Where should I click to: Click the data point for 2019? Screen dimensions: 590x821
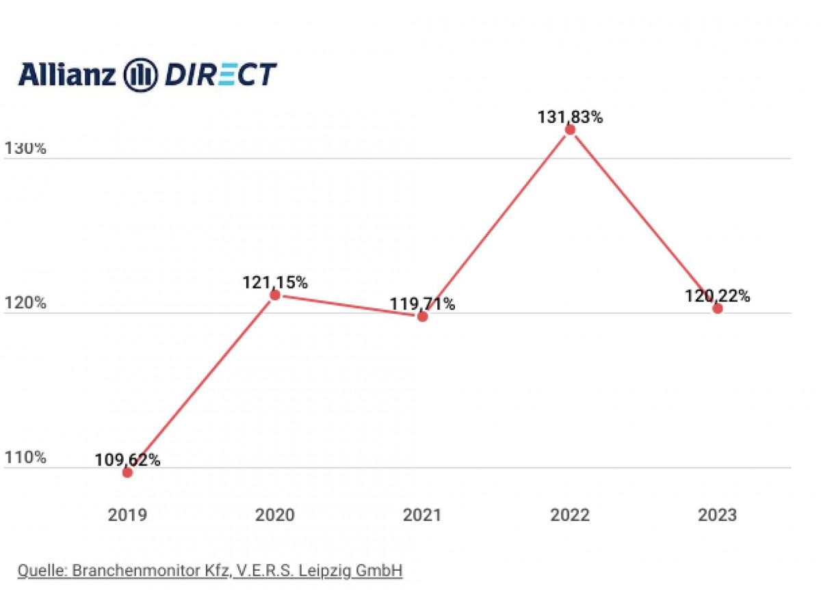127,472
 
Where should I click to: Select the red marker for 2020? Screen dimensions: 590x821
275,295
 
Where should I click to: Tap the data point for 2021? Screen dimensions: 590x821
423,317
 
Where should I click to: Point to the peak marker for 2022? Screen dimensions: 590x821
570,130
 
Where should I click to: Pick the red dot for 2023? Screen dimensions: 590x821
718,308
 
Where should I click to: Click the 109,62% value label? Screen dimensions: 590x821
128,459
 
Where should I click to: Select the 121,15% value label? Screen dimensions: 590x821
276,282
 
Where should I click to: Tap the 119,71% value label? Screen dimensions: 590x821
422,304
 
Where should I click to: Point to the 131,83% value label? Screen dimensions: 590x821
570,117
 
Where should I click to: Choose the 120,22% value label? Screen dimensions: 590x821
718,296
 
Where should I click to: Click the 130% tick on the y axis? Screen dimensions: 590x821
25,148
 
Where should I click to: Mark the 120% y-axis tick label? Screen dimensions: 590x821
25,303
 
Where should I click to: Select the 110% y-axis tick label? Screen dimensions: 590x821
25,457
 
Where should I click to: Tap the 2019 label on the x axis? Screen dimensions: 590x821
127,515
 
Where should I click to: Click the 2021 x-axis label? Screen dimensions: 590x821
423,515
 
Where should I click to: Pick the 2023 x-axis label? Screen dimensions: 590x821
718,515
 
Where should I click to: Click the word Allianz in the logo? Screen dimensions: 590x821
67,74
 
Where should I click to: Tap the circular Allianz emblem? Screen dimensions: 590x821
140,75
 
